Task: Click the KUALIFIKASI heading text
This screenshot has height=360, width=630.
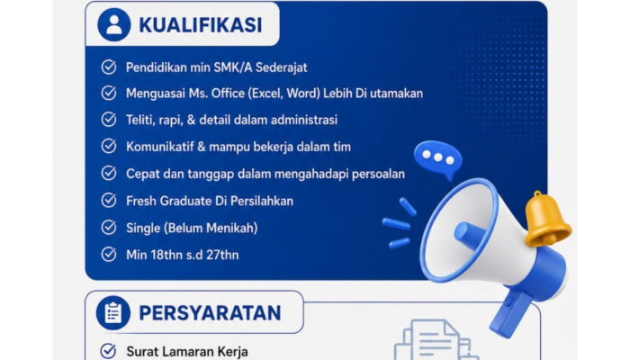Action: [x=201, y=25]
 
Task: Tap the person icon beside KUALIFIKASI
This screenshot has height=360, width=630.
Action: [x=114, y=24]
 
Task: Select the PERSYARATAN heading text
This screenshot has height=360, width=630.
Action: [x=210, y=313]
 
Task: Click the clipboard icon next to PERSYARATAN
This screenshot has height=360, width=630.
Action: [x=113, y=313]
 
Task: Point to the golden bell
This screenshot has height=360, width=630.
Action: [x=547, y=220]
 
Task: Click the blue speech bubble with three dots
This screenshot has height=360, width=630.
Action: [x=438, y=158]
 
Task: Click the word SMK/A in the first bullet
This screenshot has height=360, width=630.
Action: [x=232, y=67]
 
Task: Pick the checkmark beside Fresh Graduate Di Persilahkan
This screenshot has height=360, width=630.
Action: [x=109, y=201]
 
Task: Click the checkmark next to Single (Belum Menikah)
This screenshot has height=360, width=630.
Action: [x=109, y=228]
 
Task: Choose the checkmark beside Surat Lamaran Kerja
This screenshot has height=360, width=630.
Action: [x=108, y=351]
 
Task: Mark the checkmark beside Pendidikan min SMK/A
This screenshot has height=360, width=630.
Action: [x=109, y=67]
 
